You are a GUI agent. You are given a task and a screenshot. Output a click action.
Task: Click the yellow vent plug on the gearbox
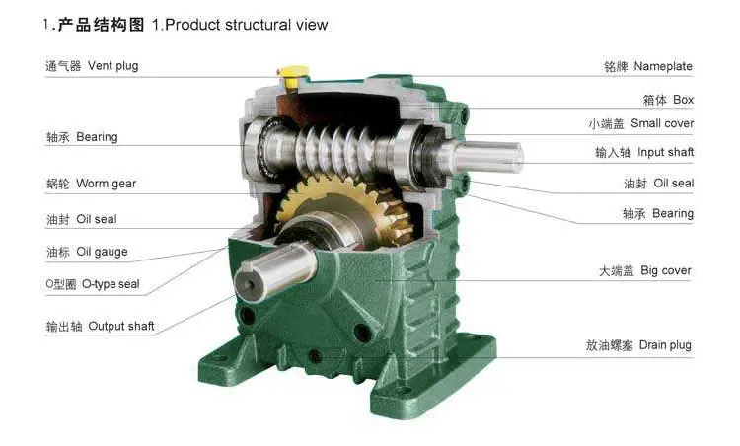(293, 77)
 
